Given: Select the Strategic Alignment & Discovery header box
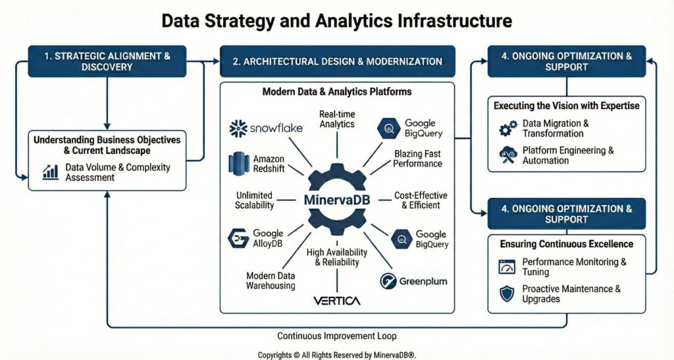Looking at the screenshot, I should point(107,61).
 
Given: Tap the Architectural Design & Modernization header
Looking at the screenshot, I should point(337,61).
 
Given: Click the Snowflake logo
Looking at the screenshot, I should point(266,128).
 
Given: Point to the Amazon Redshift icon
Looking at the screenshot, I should point(237,164).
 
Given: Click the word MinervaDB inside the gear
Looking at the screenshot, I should point(336,198).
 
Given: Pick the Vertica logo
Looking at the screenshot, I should point(336,301).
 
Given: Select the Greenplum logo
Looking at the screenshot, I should point(414,281).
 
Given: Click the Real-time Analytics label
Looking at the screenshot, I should point(336,119).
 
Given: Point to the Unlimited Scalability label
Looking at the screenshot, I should point(253,201).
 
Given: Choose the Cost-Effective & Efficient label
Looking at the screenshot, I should point(421,201).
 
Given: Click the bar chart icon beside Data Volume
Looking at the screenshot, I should point(51,172).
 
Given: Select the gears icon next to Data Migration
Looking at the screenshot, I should point(507,128).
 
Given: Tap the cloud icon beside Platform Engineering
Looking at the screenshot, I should point(507,155).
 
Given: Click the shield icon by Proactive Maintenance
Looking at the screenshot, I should point(507,294).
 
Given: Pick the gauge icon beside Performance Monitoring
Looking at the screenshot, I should point(507,267).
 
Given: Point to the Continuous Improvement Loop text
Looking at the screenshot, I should point(337,336).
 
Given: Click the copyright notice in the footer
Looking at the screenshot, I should point(337,355).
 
